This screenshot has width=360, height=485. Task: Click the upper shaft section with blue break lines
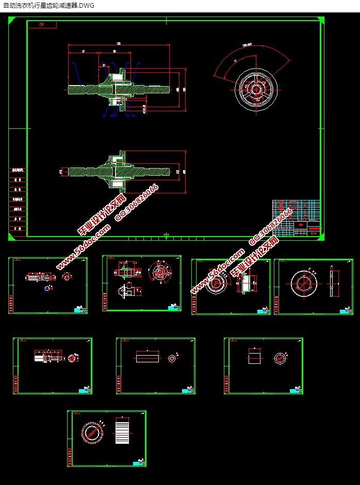pyautogui.click(x=119, y=90)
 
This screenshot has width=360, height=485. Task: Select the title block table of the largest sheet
pyautogui.click(x=295, y=218)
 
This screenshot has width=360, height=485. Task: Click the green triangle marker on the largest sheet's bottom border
pyautogui.click(x=166, y=236)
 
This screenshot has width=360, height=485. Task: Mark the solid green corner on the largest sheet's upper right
pyautogui.click(x=321, y=20)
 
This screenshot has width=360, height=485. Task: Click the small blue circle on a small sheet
pyautogui.click(x=47, y=288)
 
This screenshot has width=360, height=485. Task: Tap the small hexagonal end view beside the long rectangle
pyautogui.click(x=172, y=357)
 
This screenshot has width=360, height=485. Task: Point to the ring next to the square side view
pyautogui.click(x=280, y=357)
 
